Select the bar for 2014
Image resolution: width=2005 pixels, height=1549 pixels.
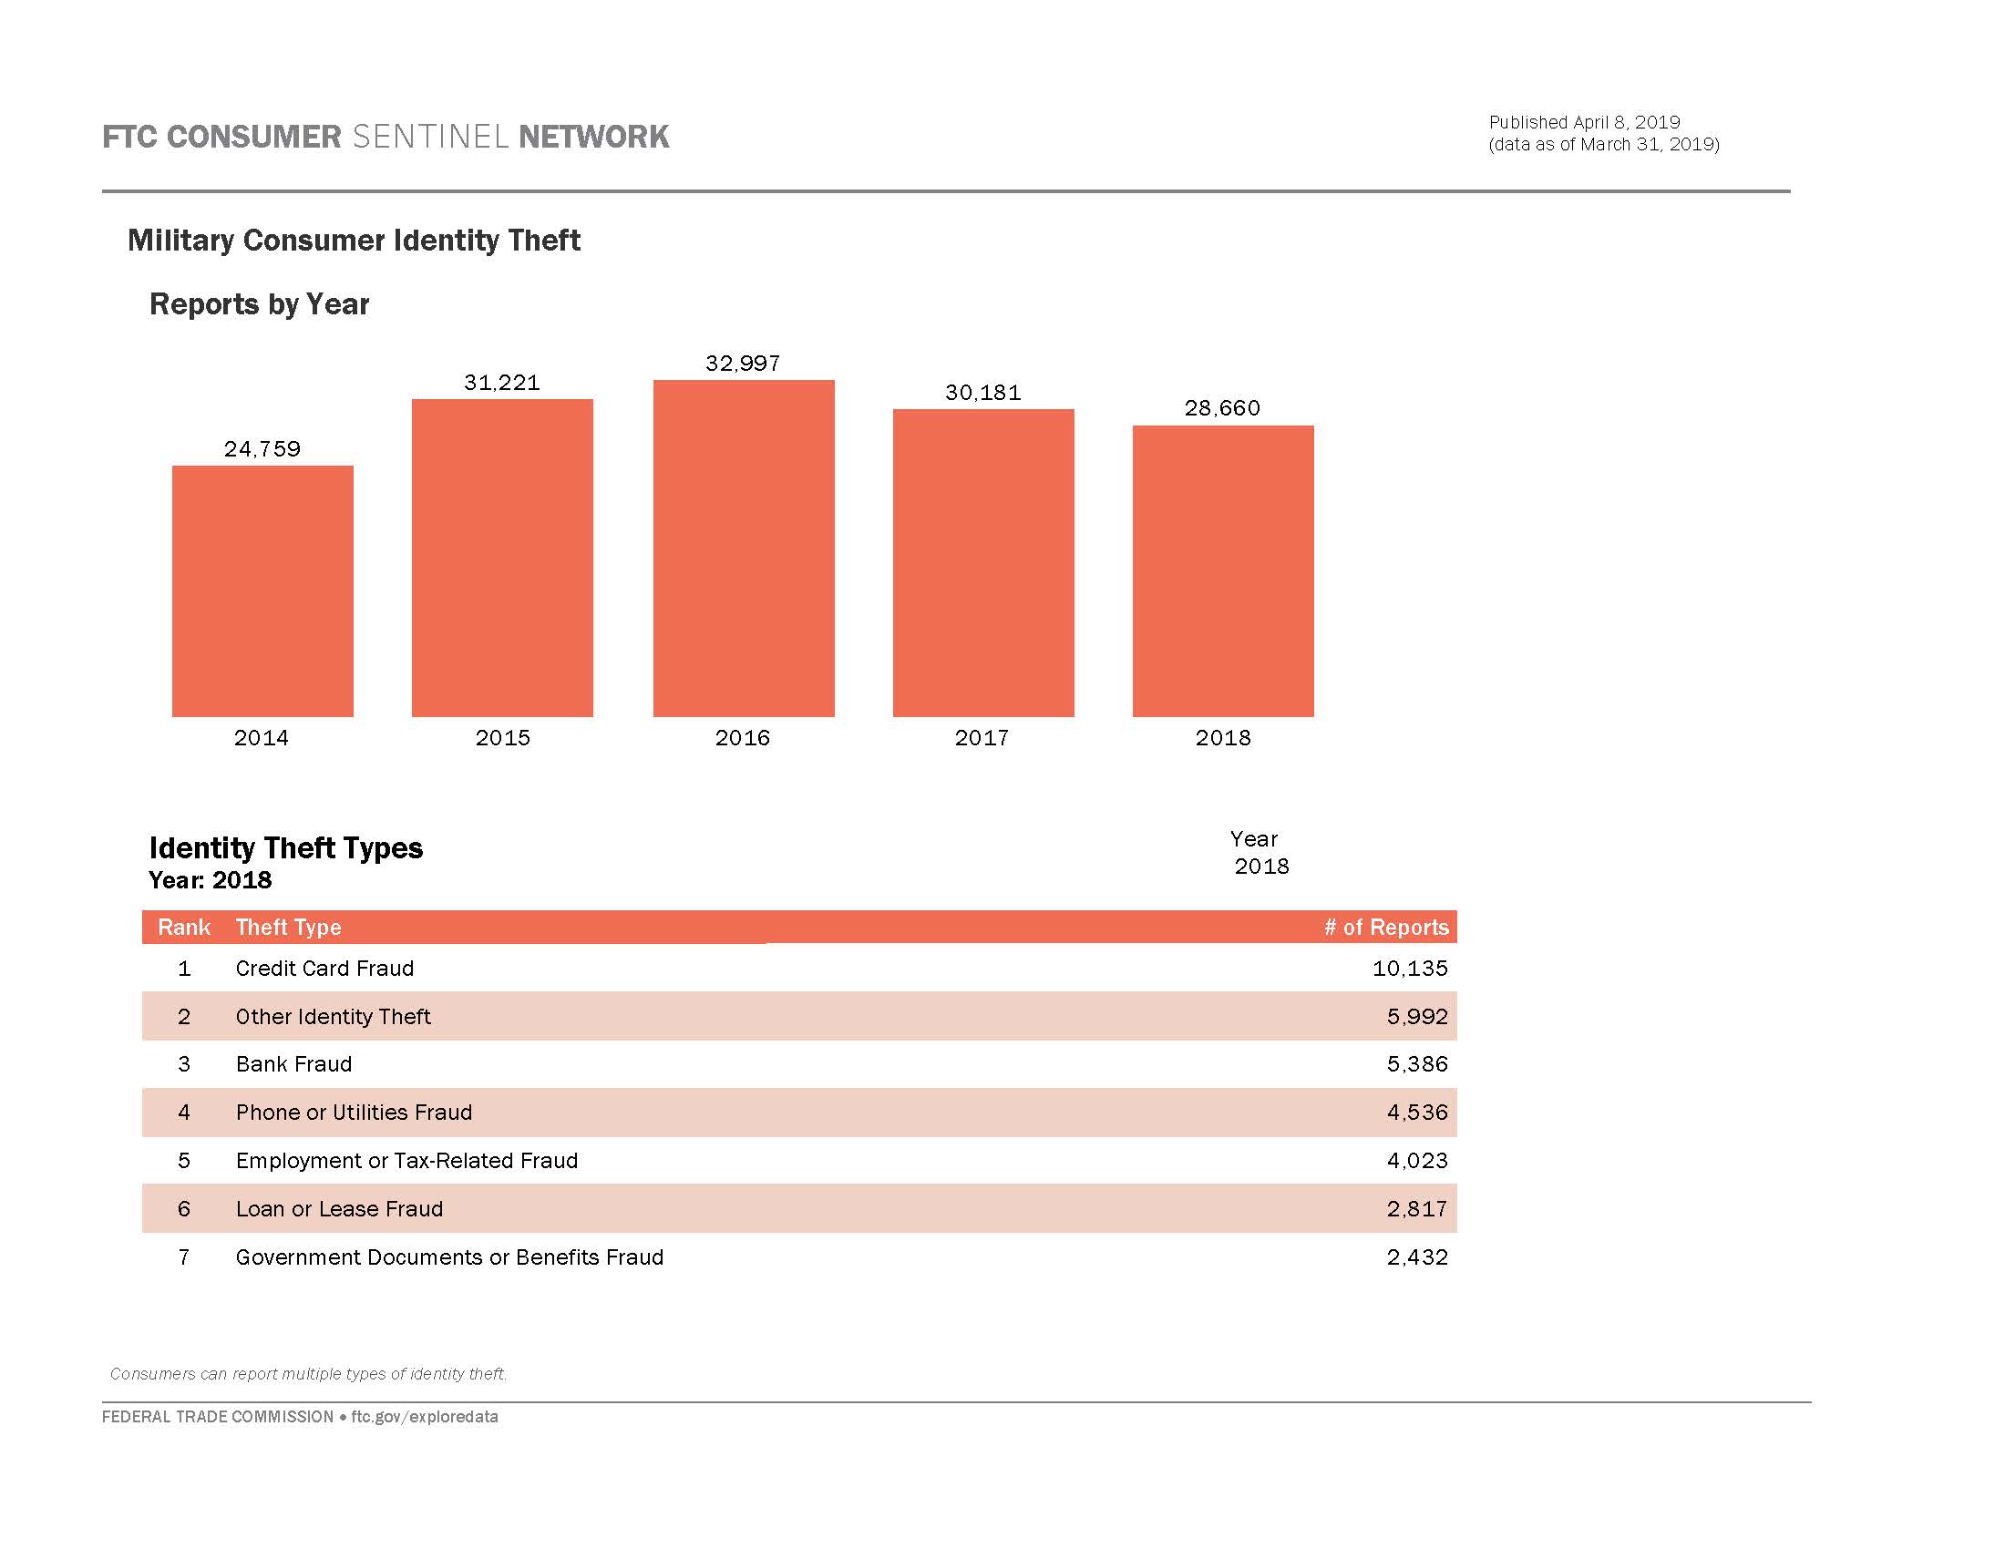coord(262,591)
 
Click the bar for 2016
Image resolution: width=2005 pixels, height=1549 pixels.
coord(744,548)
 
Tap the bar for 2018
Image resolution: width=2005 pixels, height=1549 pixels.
coord(1223,570)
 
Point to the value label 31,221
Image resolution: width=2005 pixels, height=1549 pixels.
coord(502,383)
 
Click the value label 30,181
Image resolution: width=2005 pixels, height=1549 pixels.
coord(983,393)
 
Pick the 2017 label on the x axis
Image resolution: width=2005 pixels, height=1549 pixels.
coord(982,738)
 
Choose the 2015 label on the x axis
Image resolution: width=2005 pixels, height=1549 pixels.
coord(502,738)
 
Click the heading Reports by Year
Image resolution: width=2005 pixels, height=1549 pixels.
coord(259,303)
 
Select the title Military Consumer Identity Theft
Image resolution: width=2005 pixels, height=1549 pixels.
coord(354,241)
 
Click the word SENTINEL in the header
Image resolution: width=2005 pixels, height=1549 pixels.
coord(429,137)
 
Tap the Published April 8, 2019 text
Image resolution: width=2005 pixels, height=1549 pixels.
coord(1584,122)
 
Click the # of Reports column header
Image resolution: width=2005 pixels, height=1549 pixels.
coord(1385,927)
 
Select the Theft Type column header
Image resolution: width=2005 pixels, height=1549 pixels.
coord(288,927)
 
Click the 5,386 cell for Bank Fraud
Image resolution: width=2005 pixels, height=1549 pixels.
coord(1416,1063)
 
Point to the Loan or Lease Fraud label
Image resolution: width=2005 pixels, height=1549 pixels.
coord(339,1208)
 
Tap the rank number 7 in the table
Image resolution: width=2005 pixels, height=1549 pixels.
coord(183,1257)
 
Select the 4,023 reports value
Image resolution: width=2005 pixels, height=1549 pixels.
coord(1416,1160)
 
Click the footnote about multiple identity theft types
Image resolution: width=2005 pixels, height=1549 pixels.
coord(308,1374)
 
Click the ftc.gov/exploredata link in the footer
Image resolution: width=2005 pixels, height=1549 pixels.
coord(424,1417)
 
